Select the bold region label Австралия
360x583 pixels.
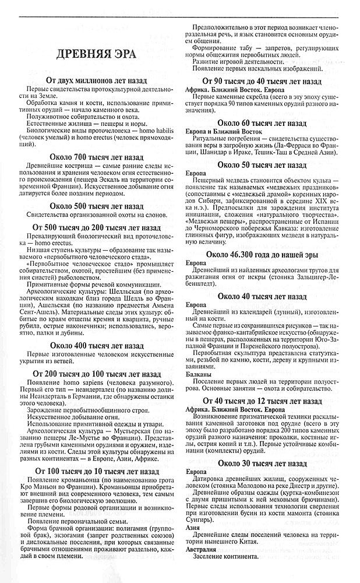coord(200,550)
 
